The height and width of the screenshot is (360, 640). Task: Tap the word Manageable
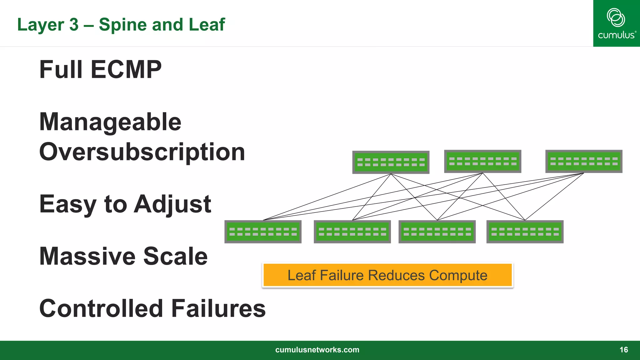point(110,122)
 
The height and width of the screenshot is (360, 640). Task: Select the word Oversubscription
point(142,152)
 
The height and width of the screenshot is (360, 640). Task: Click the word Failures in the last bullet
point(218,308)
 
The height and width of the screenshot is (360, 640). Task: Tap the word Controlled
point(101,308)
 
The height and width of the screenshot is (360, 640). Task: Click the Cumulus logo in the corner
point(616,23)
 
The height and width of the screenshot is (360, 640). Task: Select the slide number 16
point(623,350)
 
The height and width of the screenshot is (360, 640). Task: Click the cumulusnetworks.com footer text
point(317,350)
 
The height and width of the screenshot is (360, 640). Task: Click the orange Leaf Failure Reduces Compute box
point(387,275)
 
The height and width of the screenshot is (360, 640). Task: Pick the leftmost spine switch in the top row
point(391,162)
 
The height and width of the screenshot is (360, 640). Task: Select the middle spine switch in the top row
point(482,161)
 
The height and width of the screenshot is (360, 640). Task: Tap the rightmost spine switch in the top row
point(584,161)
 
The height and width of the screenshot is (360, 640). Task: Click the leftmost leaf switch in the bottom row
point(263,232)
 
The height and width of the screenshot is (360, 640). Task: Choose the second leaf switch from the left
point(352,232)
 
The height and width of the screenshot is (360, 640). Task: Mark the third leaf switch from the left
point(437,232)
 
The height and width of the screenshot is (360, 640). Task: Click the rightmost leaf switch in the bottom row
point(525,232)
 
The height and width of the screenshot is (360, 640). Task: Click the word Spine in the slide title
point(123,25)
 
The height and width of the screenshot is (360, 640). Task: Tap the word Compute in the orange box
point(458,275)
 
